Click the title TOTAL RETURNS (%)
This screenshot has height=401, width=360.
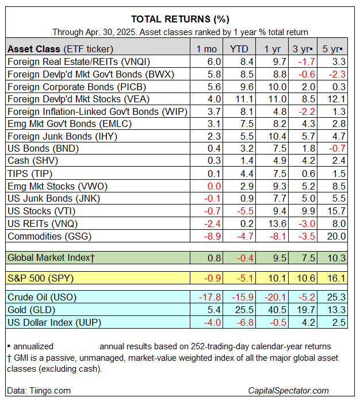180,19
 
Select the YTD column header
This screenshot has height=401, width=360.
238,48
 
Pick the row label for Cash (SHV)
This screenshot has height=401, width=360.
33,161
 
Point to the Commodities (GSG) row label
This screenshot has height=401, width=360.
49,236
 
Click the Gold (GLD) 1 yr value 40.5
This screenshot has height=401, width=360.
272,310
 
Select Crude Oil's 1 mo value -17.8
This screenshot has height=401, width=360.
209,297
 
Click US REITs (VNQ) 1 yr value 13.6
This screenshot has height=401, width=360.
272,223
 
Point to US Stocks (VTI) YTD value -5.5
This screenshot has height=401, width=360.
240,211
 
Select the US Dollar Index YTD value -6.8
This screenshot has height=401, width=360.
240,322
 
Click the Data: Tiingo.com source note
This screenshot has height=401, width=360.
39,390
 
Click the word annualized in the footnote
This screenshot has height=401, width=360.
33,346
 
